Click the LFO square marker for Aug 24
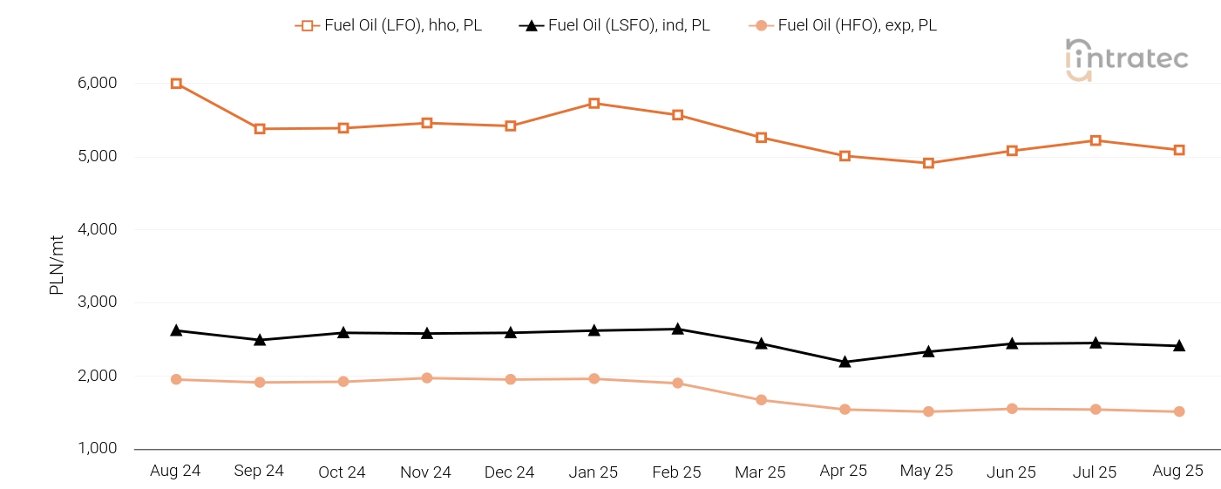click(x=176, y=84)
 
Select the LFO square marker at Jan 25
click(x=594, y=103)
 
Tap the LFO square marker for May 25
click(x=928, y=163)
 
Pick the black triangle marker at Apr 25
click(x=845, y=362)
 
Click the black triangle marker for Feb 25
click(x=677, y=329)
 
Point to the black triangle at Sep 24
click(x=260, y=339)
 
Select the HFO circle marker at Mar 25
click(x=761, y=400)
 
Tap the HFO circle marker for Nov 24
click(x=427, y=378)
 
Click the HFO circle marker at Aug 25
click(x=1178, y=411)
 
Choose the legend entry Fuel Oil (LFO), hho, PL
click(x=389, y=25)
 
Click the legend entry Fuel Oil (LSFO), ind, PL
click(x=615, y=25)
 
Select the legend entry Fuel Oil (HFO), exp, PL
click(x=844, y=25)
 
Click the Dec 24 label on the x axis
click(x=510, y=472)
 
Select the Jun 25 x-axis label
click(x=1011, y=472)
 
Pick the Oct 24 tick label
click(x=343, y=472)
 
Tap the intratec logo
click(x=1126, y=59)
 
